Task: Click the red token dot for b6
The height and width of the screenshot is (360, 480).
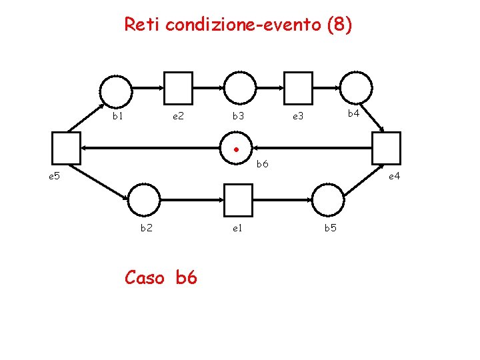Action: pyautogui.click(x=236, y=149)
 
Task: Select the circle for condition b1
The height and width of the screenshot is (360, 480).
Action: pyautogui.click(x=116, y=89)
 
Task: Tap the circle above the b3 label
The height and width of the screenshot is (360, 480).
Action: pyautogui.click(x=239, y=88)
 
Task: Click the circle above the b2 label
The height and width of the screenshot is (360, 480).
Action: pyautogui.click(x=143, y=199)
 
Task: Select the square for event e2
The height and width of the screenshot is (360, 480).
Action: pyautogui.click(x=178, y=89)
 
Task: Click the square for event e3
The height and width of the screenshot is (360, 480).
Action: pyautogui.click(x=298, y=88)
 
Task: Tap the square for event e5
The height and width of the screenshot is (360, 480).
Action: pyautogui.click(x=66, y=148)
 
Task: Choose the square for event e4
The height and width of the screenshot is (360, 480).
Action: pyautogui.click(x=387, y=148)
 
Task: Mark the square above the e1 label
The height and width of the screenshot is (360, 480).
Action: pyautogui.click(x=238, y=199)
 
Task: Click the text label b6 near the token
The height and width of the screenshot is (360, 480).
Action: pyautogui.click(x=263, y=164)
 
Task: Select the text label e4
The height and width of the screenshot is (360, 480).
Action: pyautogui.click(x=394, y=176)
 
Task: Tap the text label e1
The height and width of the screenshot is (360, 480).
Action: pyautogui.click(x=237, y=228)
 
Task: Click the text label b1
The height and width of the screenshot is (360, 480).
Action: pyautogui.click(x=118, y=116)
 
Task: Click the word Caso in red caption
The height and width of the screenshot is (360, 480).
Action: pyautogui.click(x=143, y=277)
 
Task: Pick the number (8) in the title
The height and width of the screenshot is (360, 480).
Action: pyautogui.click(x=337, y=25)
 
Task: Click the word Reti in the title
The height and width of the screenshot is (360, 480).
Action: pyautogui.click(x=142, y=25)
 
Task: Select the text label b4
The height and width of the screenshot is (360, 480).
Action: pyautogui.click(x=354, y=114)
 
